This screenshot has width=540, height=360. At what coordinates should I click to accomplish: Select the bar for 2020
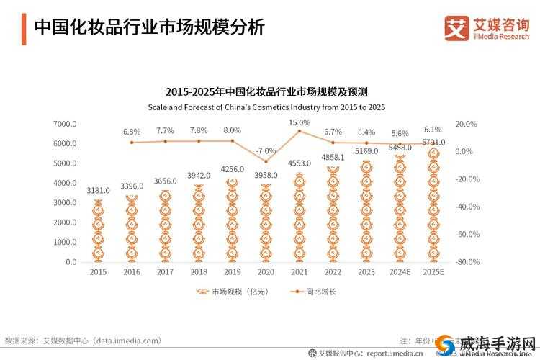point(266,223)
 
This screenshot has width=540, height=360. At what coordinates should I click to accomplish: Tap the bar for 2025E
point(433,205)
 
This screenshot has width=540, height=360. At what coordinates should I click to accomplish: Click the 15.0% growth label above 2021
point(300,123)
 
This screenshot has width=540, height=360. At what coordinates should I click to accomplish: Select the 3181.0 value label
point(98,191)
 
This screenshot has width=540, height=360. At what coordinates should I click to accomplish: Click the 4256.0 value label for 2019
point(232,170)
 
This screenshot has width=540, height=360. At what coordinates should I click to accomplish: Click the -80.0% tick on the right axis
point(467,262)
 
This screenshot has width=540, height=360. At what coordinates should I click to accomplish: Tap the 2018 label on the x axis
point(199,272)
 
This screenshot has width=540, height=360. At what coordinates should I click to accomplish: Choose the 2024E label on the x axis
point(400,272)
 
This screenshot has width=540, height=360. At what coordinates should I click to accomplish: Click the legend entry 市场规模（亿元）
point(230,292)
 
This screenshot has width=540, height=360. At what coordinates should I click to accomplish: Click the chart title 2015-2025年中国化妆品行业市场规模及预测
point(266,92)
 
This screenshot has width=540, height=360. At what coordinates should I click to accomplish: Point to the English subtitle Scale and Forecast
point(266,107)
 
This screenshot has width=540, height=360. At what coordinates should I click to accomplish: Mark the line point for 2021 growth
point(300,131)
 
